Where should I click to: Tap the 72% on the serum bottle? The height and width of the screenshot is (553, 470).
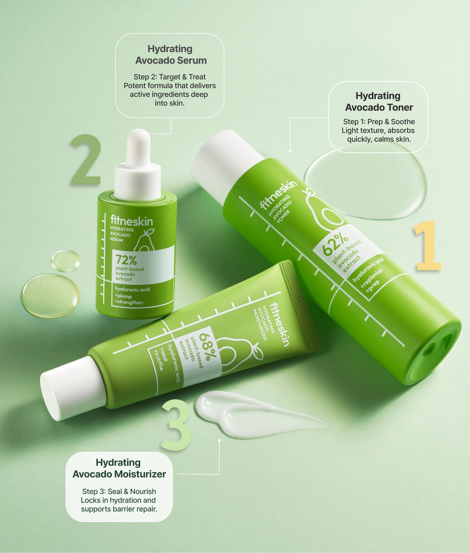126,260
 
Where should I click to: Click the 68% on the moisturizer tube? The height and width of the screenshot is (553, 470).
208,346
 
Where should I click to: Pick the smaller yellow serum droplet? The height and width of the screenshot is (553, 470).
65,261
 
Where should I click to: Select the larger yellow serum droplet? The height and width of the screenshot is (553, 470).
50,295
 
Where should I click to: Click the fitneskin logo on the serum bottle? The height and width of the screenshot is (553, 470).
131,221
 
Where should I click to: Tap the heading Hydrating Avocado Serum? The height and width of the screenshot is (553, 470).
170,55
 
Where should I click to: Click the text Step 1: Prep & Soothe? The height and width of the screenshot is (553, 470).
379,122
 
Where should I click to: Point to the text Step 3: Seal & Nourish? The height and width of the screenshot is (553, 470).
119,491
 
